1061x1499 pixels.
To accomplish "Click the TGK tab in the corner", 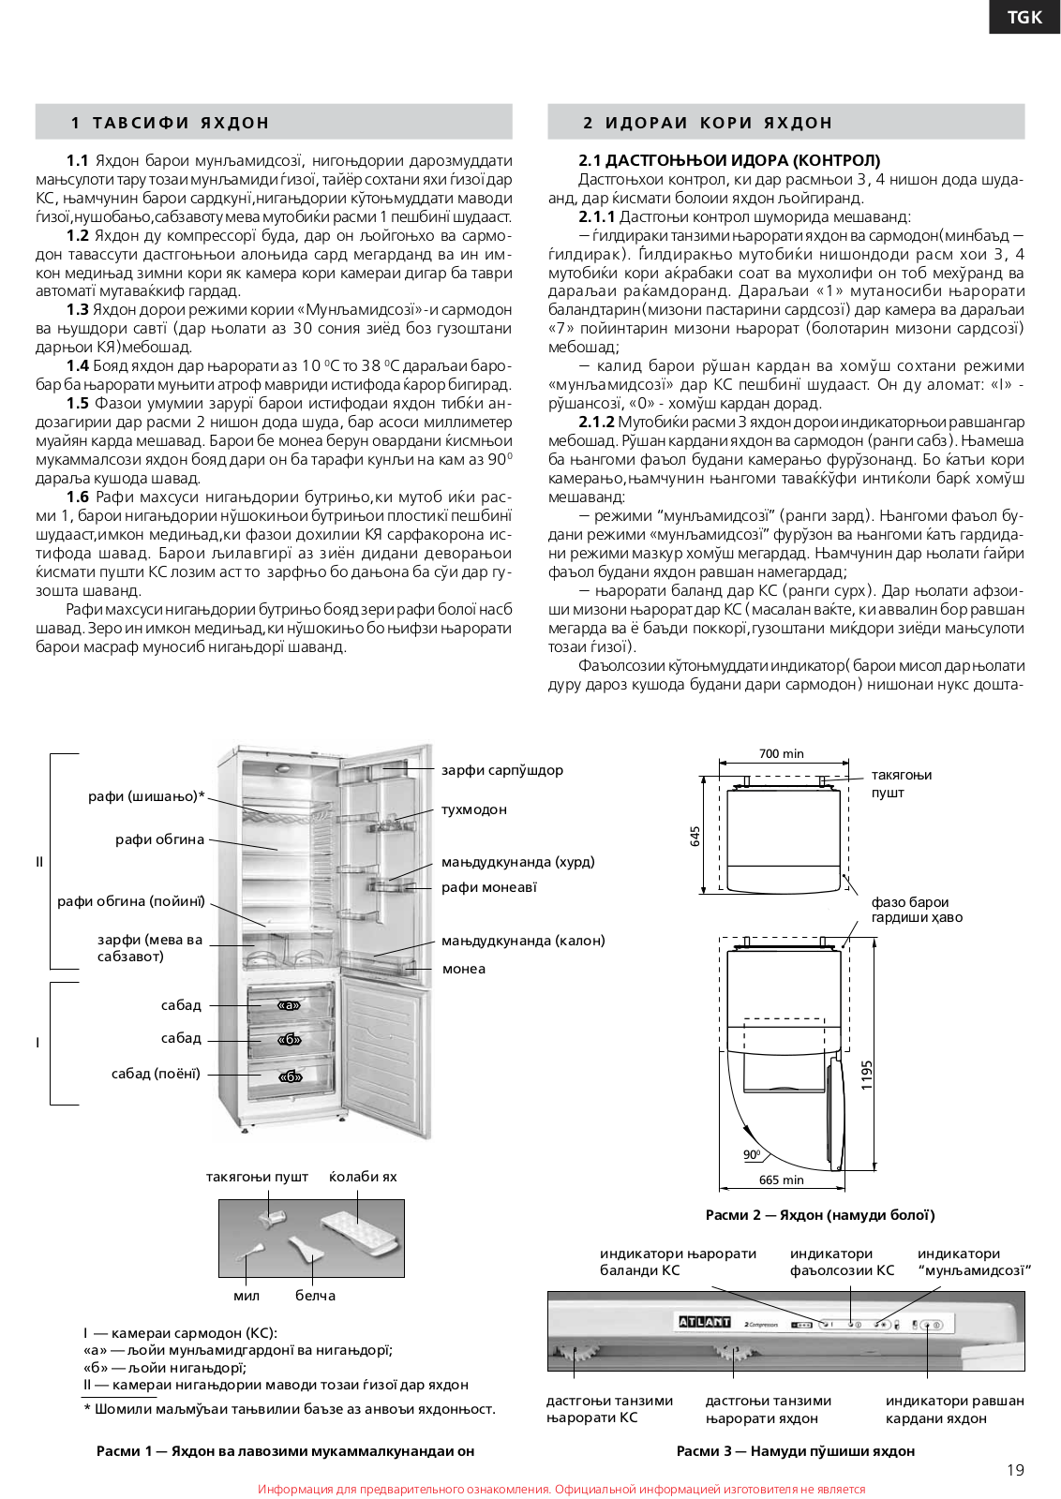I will [1024, 17].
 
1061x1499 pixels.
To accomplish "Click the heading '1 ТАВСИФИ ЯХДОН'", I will [170, 123].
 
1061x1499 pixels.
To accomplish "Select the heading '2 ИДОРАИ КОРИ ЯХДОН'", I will [707, 123].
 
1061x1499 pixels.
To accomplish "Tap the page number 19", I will [1015, 1470].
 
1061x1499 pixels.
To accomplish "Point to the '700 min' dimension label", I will [781, 753].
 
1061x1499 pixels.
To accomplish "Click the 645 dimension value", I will [695, 836].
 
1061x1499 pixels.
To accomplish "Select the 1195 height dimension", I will [866, 1075].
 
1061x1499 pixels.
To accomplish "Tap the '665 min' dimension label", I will [781, 1180].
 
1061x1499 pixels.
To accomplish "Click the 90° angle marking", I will [752, 1154].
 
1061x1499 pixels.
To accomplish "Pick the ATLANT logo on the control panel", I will [704, 1322].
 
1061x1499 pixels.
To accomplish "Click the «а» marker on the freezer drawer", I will [289, 1005].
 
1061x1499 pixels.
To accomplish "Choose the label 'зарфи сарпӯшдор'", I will [502, 770].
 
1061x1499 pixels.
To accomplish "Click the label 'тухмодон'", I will [474, 809].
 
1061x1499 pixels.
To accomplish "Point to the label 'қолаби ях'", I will [363, 1177].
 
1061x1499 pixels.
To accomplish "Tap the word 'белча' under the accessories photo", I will [315, 1296].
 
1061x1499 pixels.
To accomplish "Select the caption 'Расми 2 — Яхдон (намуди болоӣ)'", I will [819, 1215].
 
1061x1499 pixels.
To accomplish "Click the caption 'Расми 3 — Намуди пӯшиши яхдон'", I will [795, 1451].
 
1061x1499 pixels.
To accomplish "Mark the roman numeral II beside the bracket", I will [39, 862].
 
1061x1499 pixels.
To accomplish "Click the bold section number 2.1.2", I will [596, 423].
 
